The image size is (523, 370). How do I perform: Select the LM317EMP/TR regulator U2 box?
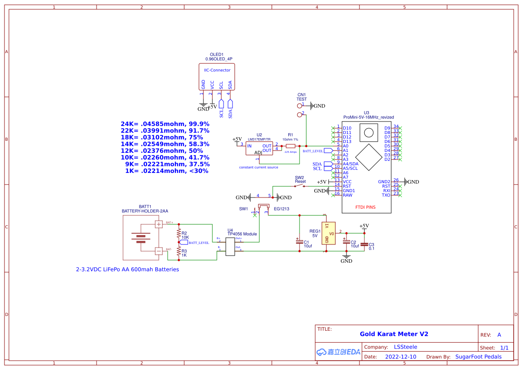point(259,148)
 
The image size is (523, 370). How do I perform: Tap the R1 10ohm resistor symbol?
point(291,146)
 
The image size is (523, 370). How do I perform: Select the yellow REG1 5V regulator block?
point(328,233)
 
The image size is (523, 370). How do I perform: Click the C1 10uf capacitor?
point(299,241)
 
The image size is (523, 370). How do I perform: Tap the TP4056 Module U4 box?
point(230,246)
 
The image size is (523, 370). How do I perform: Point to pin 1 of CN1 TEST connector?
point(300,106)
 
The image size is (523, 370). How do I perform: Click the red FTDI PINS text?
point(365,207)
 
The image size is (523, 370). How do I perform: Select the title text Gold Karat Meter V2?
point(394,334)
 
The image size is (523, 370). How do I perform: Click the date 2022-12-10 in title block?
point(401,357)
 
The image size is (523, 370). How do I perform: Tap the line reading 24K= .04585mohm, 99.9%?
point(165,124)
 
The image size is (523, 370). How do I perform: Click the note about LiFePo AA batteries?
point(127,269)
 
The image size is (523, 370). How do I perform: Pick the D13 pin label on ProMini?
point(347,142)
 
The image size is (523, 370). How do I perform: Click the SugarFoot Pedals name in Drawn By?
point(478,357)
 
